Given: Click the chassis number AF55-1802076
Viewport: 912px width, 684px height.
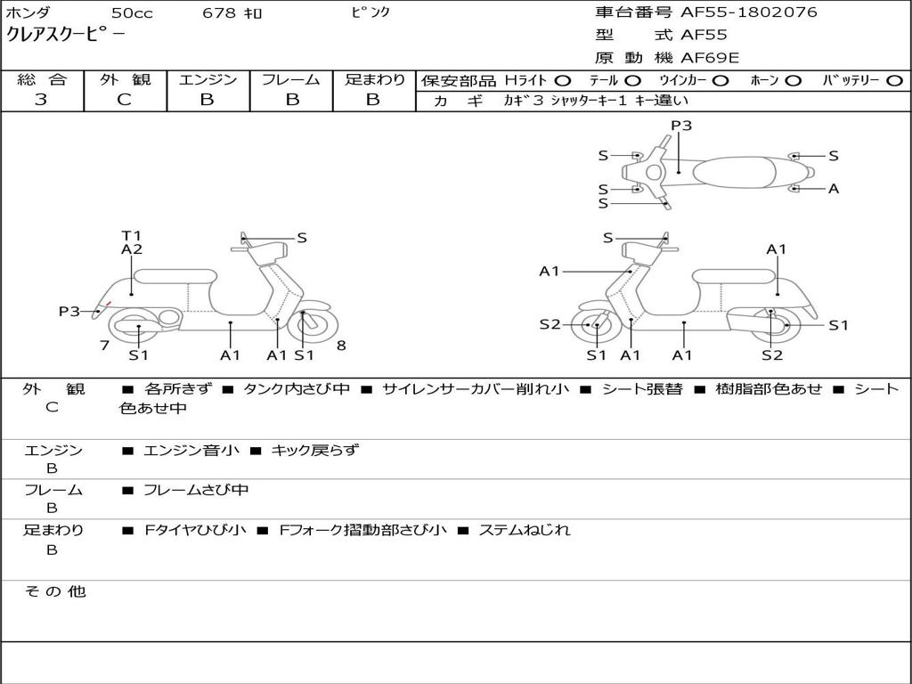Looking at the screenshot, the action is pyautogui.click(x=748, y=12).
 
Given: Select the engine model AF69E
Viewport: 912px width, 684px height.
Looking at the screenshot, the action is pyautogui.click(x=710, y=58).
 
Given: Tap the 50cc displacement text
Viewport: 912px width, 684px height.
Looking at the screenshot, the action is pyautogui.click(x=132, y=13).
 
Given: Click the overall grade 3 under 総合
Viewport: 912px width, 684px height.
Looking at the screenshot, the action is pyautogui.click(x=41, y=99).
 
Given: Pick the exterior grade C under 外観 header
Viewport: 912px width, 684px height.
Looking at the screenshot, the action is pyautogui.click(x=125, y=99).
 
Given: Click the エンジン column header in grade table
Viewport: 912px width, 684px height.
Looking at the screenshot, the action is pyautogui.click(x=208, y=79).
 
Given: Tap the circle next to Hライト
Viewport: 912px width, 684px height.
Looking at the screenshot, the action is pyautogui.click(x=563, y=81).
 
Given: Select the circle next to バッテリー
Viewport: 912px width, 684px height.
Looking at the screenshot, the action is pyautogui.click(x=894, y=81).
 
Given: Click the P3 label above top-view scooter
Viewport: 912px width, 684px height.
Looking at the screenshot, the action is pyautogui.click(x=681, y=125).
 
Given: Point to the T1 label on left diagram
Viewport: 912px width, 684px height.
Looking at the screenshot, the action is pyautogui.click(x=132, y=235).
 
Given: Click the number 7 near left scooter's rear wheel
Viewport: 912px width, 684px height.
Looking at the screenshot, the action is pyautogui.click(x=105, y=346).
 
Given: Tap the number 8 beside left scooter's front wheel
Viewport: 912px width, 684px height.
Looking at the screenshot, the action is pyautogui.click(x=341, y=346).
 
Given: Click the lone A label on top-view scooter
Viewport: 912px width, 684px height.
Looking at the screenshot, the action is pyautogui.click(x=834, y=189).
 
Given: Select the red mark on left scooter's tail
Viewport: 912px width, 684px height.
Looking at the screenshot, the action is pyautogui.click(x=107, y=305).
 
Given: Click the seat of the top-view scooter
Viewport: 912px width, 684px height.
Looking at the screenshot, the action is pyautogui.click(x=734, y=172).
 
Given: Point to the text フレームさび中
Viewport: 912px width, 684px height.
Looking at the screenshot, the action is pyautogui.click(x=196, y=491).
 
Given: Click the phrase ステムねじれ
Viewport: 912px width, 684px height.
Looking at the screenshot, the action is pyautogui.click(x=524, y=530).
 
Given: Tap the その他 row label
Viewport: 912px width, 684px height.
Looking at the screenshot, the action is pyautogui.click(x=55, y=591).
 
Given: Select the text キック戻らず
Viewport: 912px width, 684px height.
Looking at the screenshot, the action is pyautogui.click(x=315, y=450).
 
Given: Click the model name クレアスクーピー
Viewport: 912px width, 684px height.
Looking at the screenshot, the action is pyautogui.click(x=65, y=35).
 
